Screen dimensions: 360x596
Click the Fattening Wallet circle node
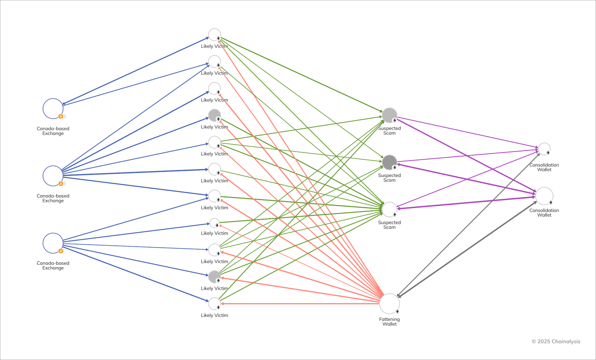pyautogui.click(x=389, y=304)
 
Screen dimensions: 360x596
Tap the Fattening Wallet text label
pyautogui.click(x=389, y=322)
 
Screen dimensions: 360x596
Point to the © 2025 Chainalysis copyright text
pyautogui.click(x=556, y=341)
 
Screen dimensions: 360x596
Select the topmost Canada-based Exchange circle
pyautogui.click(x=53, y=109)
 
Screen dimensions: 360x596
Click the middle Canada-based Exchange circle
pyautogui.click(x=53, y=176)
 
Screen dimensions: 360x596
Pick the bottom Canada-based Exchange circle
pyautogui.click(x=53, y=243)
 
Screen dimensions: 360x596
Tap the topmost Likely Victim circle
pyautogui.click(x=214, y=34)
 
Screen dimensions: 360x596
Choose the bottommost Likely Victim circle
pyautogui.click(x=214, y=304)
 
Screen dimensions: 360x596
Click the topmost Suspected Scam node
pyautogui.click(x=389, y=115)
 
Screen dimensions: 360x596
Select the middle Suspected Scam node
pyautogui.click(x=389, y=162)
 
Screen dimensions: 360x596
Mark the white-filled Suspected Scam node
pyautogui.click(x=389, y=209)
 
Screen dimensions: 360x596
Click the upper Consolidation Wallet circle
pyautogui.click(x=544, y=149)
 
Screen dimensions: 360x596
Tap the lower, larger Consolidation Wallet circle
pyautogui.click(x=544, y=196)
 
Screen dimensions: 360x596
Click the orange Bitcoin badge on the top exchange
pyautogui.click(x=61, y=116)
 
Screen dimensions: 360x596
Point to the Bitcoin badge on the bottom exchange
pyautogui.click(x=61, y=251)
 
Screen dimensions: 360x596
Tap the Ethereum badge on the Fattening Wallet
pyautogui.click(x=397, y=311)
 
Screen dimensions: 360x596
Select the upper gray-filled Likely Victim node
pyautogui.click(x=214, y=115)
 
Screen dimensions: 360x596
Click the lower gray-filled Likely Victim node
pyautogui.click(x=214, y=277)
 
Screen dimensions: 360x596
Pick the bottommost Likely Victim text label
pyautogui.click(x=214, y=315)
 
